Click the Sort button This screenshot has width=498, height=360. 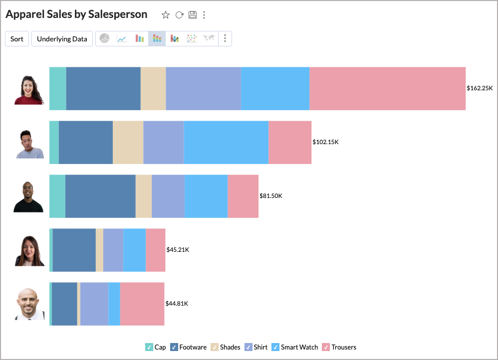point(17,39)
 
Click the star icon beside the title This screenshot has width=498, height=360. point(166,15)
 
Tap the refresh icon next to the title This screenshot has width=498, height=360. point(179,15)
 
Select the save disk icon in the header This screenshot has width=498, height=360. point(193,15)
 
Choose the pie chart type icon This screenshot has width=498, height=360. point(104,38)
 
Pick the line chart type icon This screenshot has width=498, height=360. point(122,38)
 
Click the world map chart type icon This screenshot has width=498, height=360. point(209,38)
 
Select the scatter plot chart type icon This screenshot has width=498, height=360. point(192,38)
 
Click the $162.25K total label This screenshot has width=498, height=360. point(480,88)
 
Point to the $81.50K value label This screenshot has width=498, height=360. point(271,196)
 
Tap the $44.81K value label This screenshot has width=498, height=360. point(177,304)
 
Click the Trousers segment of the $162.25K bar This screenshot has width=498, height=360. point(387,88)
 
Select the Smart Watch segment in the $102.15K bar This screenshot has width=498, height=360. point(226,142)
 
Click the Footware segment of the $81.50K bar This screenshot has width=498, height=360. point(100,196)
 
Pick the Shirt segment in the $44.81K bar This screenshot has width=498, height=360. point(94,304)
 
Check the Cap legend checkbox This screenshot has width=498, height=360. point(149,347)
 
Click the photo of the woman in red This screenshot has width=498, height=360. point(29,90)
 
